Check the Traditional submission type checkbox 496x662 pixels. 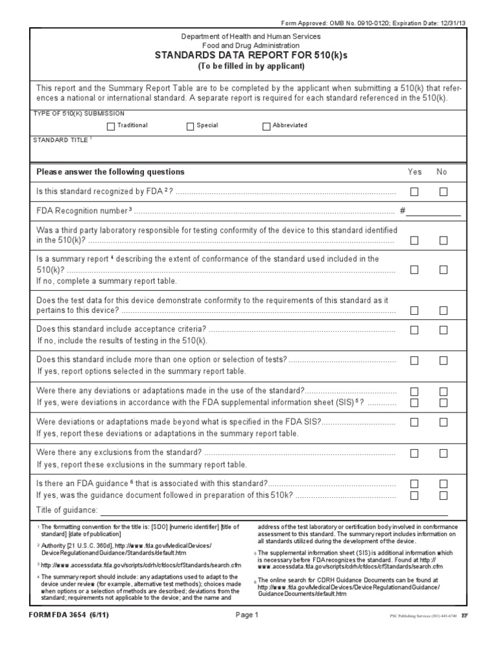111,126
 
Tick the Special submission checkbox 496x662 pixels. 191,126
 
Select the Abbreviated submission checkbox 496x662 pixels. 266,126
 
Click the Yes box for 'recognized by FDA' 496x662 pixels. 414,191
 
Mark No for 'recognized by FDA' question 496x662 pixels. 444,191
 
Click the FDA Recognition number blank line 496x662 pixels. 433,211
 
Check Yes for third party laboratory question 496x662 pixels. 414,240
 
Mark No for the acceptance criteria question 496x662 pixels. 444,330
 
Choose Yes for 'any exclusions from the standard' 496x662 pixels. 414,453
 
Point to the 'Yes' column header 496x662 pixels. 414,172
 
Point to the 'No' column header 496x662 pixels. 442,172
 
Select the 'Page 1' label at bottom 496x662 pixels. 247,615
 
